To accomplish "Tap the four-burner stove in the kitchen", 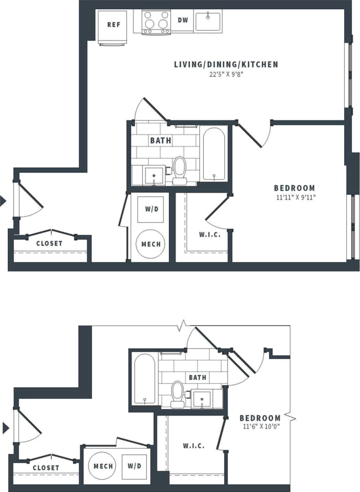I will pyautogui.click(x=156, y=21).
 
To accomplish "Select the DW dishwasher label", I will pyautogui.click(x=183, y=21).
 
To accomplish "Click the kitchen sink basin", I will pyautogui.click(x=208, y=21).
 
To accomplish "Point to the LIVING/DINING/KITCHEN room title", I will pyautogui.click(x=226, y=64).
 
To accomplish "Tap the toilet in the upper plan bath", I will pyautogui.click(x=180, y=169).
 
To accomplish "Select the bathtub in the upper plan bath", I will pyautogui.click(x=214, y=154).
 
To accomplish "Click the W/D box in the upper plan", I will pyautogui.click(x=151, y=209).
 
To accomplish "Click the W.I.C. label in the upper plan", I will pyautogui.click(x=210, y=234).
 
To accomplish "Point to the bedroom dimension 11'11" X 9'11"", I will pyautogui.click(x=294, y=197).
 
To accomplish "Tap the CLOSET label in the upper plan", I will pyautogui.click(x=49, y=243).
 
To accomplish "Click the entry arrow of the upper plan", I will pyautogui.click(x=3, y=201).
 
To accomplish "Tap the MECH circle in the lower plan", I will pyautogui.click(x=103, y=466).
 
